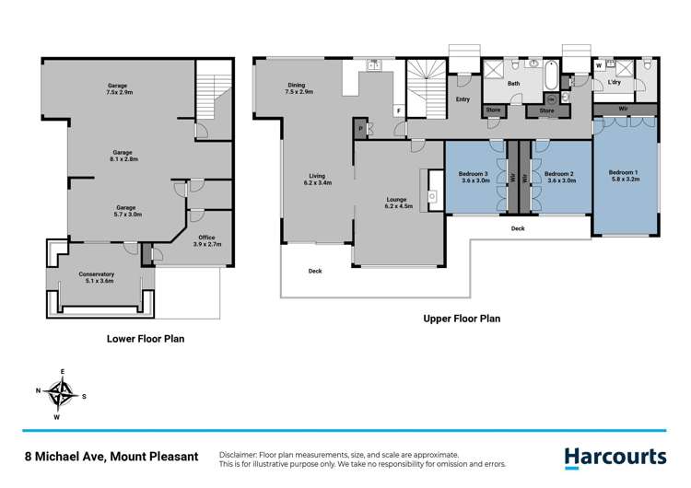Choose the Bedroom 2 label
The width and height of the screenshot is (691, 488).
coord(559,178)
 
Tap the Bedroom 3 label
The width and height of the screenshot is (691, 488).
coord(474,178)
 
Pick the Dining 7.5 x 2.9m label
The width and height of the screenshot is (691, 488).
coord(299,89)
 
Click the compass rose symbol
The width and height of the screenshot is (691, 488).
coord(63,396)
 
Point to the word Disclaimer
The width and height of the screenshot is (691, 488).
coord(242,455)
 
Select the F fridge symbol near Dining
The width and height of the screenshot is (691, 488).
coord(398,110)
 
